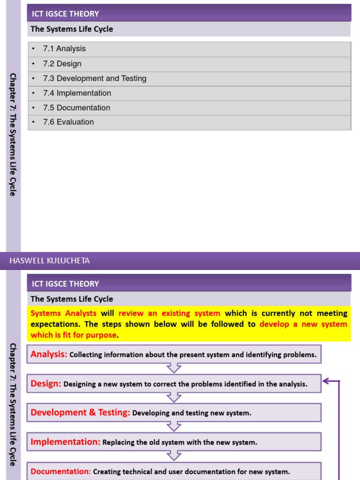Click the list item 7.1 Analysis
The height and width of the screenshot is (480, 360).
pos(64,49)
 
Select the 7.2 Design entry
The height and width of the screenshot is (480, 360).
pos(62,64)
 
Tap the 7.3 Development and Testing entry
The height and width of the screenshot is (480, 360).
pos(94,79)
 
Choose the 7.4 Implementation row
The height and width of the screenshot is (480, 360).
pos(77,93)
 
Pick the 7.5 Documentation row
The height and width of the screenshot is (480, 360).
pos(76,108)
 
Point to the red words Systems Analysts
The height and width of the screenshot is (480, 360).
pos(63,314)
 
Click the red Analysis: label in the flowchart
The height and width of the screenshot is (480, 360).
pos(49,355)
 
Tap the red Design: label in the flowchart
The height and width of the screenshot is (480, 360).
pos(46,384)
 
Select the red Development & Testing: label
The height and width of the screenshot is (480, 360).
pos(80,413)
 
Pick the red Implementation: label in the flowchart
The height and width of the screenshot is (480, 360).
pos(65,442)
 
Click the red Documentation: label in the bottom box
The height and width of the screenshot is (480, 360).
pos(60,472)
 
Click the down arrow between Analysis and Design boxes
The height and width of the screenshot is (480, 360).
pos(174,368)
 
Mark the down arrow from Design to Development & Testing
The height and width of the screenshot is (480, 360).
pos(174,397)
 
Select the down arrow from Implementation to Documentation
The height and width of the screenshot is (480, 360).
pos(174,456)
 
